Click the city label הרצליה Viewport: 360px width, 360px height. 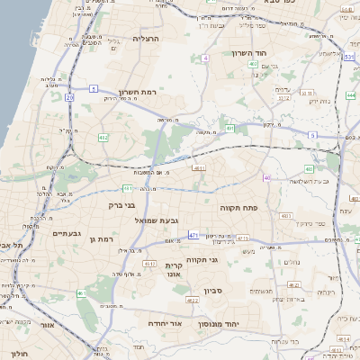pyautogui.click(x=145, y=40)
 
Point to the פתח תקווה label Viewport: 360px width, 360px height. pyautogui.click(x=238, y=206)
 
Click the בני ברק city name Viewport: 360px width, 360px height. pyautogui.click(x=108, y=204)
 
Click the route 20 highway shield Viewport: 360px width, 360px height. pyautogui.click(x=70, y=96)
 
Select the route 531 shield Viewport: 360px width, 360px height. pyautogui.click(x=347, y=56)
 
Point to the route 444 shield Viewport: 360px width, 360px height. pyautogui.click(x=350, y=94)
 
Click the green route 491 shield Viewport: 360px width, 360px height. pyautogui.click(x=230, y=129)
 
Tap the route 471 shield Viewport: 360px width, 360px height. pyautogui.click(x=193, y=235)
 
